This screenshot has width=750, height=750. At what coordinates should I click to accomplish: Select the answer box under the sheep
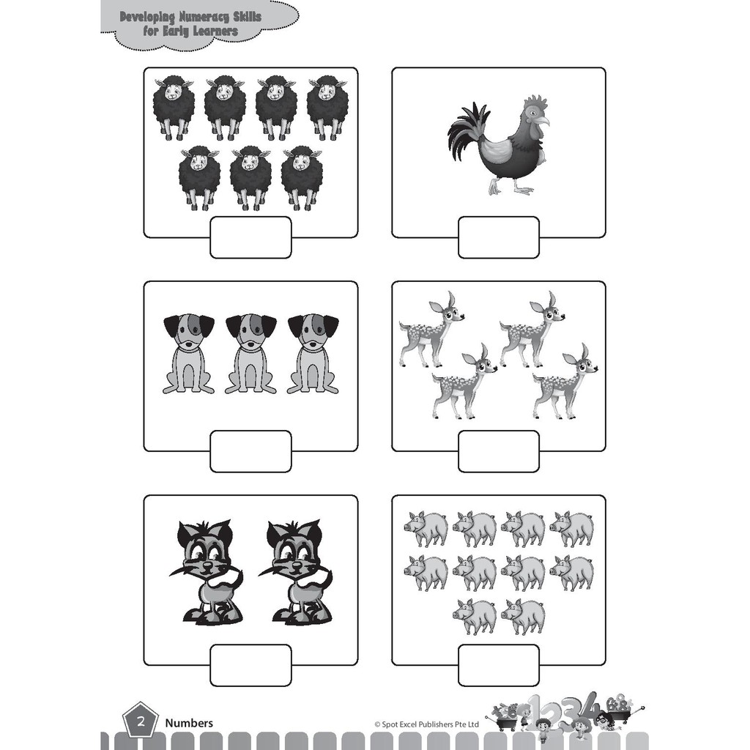(x=250, y=237)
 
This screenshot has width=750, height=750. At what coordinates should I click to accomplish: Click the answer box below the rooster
(x=499, y=237)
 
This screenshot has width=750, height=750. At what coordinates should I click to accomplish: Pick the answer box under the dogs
(x=250, y=451)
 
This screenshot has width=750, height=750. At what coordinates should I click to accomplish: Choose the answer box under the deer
(x=499, y=451)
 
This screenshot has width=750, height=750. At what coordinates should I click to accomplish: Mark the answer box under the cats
(x=250, y=665)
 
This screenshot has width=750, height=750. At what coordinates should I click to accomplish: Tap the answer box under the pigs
(x=499, y=665)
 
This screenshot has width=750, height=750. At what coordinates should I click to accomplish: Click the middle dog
(x=250, y=354)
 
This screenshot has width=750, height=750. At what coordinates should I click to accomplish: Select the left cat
(x=207, y=572)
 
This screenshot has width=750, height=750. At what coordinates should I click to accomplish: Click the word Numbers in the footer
(x=189, y=723)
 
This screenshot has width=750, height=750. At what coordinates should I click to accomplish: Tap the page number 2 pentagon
(x=140, y=721)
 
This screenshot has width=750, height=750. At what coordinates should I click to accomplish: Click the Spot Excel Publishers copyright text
(x=426, y=724)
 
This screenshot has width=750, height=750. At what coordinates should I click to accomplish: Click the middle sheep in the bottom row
(x=250, y=178)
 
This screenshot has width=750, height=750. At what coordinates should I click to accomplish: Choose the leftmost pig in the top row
(x=426, y=529)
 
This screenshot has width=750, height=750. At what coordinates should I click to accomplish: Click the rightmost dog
(x=313, y=354)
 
